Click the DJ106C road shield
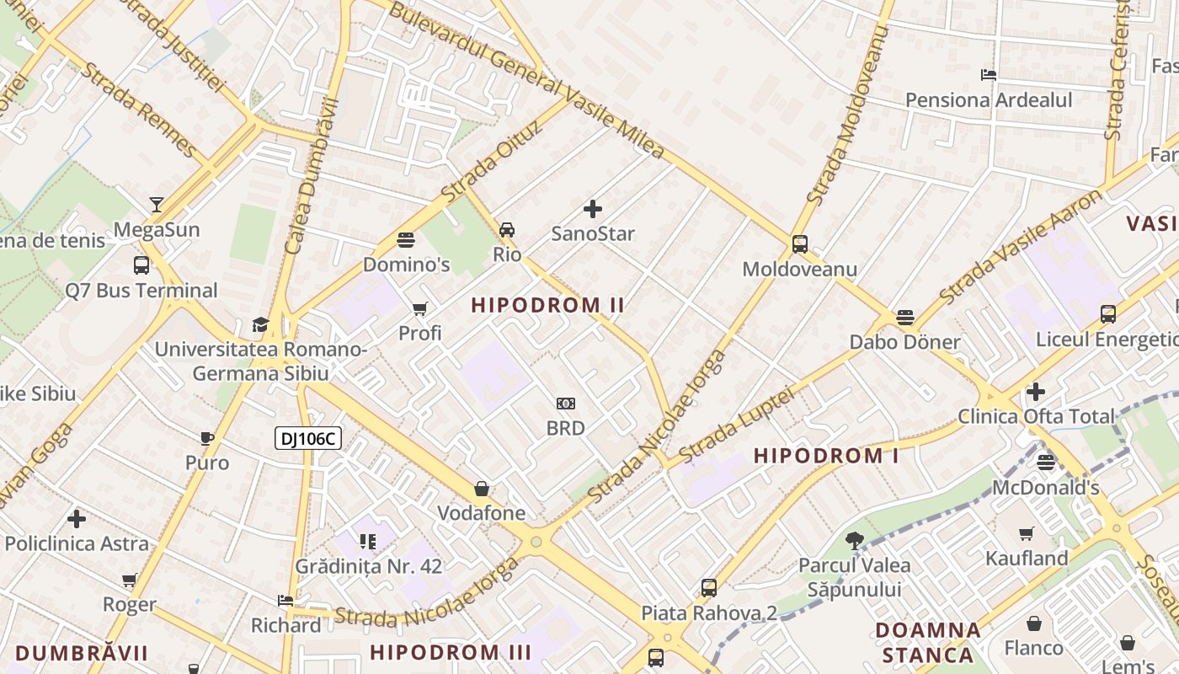(307, 438)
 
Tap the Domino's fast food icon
(406, 239)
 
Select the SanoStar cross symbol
(593, 209)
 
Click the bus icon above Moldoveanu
(799, 244)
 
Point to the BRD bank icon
(566, 404)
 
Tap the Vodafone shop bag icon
(482, 489)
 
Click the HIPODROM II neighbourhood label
(547, 305)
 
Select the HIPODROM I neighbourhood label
(826, 456)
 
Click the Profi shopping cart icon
(419, 308)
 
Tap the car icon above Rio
(507, 229)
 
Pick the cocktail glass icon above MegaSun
(157, 204)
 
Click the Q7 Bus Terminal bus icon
(141, 265)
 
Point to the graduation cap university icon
(260, 324)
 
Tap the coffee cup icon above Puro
(207, 438)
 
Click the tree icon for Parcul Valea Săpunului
(855, 540)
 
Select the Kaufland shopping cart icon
(1027, 533)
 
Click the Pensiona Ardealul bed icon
(989, 75)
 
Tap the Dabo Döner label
(904, 342)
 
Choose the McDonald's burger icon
(1046, 462)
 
